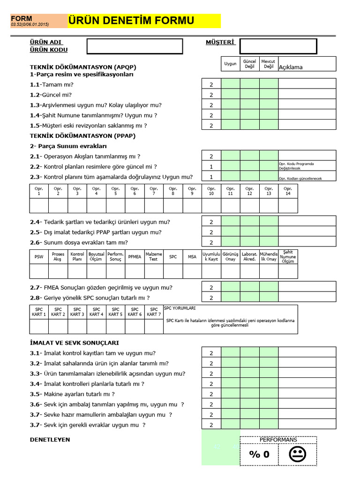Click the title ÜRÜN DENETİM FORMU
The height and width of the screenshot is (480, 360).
tap(131, 21)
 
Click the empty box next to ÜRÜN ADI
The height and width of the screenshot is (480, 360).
tap(135, 46)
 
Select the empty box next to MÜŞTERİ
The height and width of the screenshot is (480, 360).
tap(278, 46)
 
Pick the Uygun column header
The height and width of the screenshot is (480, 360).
tap(230, 64)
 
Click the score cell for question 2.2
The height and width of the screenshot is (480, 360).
tap(211, 166)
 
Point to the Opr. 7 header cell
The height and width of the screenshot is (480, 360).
tap(154, 191)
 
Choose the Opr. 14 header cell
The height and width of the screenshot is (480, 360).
tap(288, 191)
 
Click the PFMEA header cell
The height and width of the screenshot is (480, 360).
tap(135, 257)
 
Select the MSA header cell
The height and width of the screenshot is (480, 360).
tap(192, 257)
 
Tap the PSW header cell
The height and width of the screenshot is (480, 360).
tap(38, 257)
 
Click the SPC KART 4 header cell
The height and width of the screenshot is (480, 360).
tap(96, 312)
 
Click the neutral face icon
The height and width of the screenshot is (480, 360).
tap(297, 454)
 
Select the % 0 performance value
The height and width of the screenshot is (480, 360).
tap(259, 454)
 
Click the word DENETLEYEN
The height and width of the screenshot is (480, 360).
tap(50, 439)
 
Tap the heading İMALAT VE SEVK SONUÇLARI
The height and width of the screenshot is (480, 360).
tap(74, 343)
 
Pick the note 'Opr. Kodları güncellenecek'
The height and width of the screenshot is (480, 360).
tap(300, 179)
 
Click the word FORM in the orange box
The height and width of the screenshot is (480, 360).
tap(22, 19)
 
